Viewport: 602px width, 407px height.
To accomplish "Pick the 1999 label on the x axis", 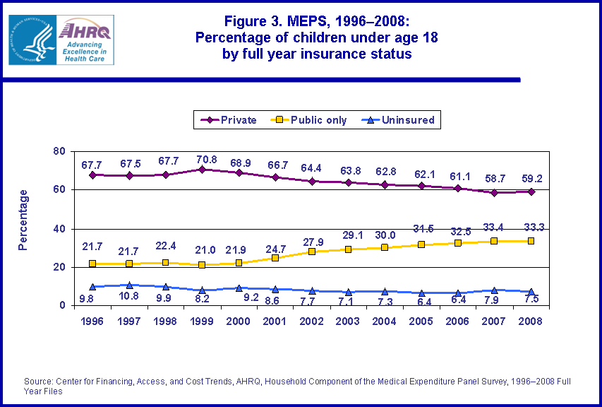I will [202, 320].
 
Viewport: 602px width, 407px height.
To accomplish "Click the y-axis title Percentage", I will [24, 220].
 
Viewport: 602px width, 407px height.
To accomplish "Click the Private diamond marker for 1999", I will [202, 170].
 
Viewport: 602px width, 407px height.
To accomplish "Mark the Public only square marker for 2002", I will [311, 252].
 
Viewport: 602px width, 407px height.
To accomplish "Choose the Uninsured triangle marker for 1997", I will [129, 285].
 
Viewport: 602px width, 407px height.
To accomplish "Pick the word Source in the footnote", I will [39, 382].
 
